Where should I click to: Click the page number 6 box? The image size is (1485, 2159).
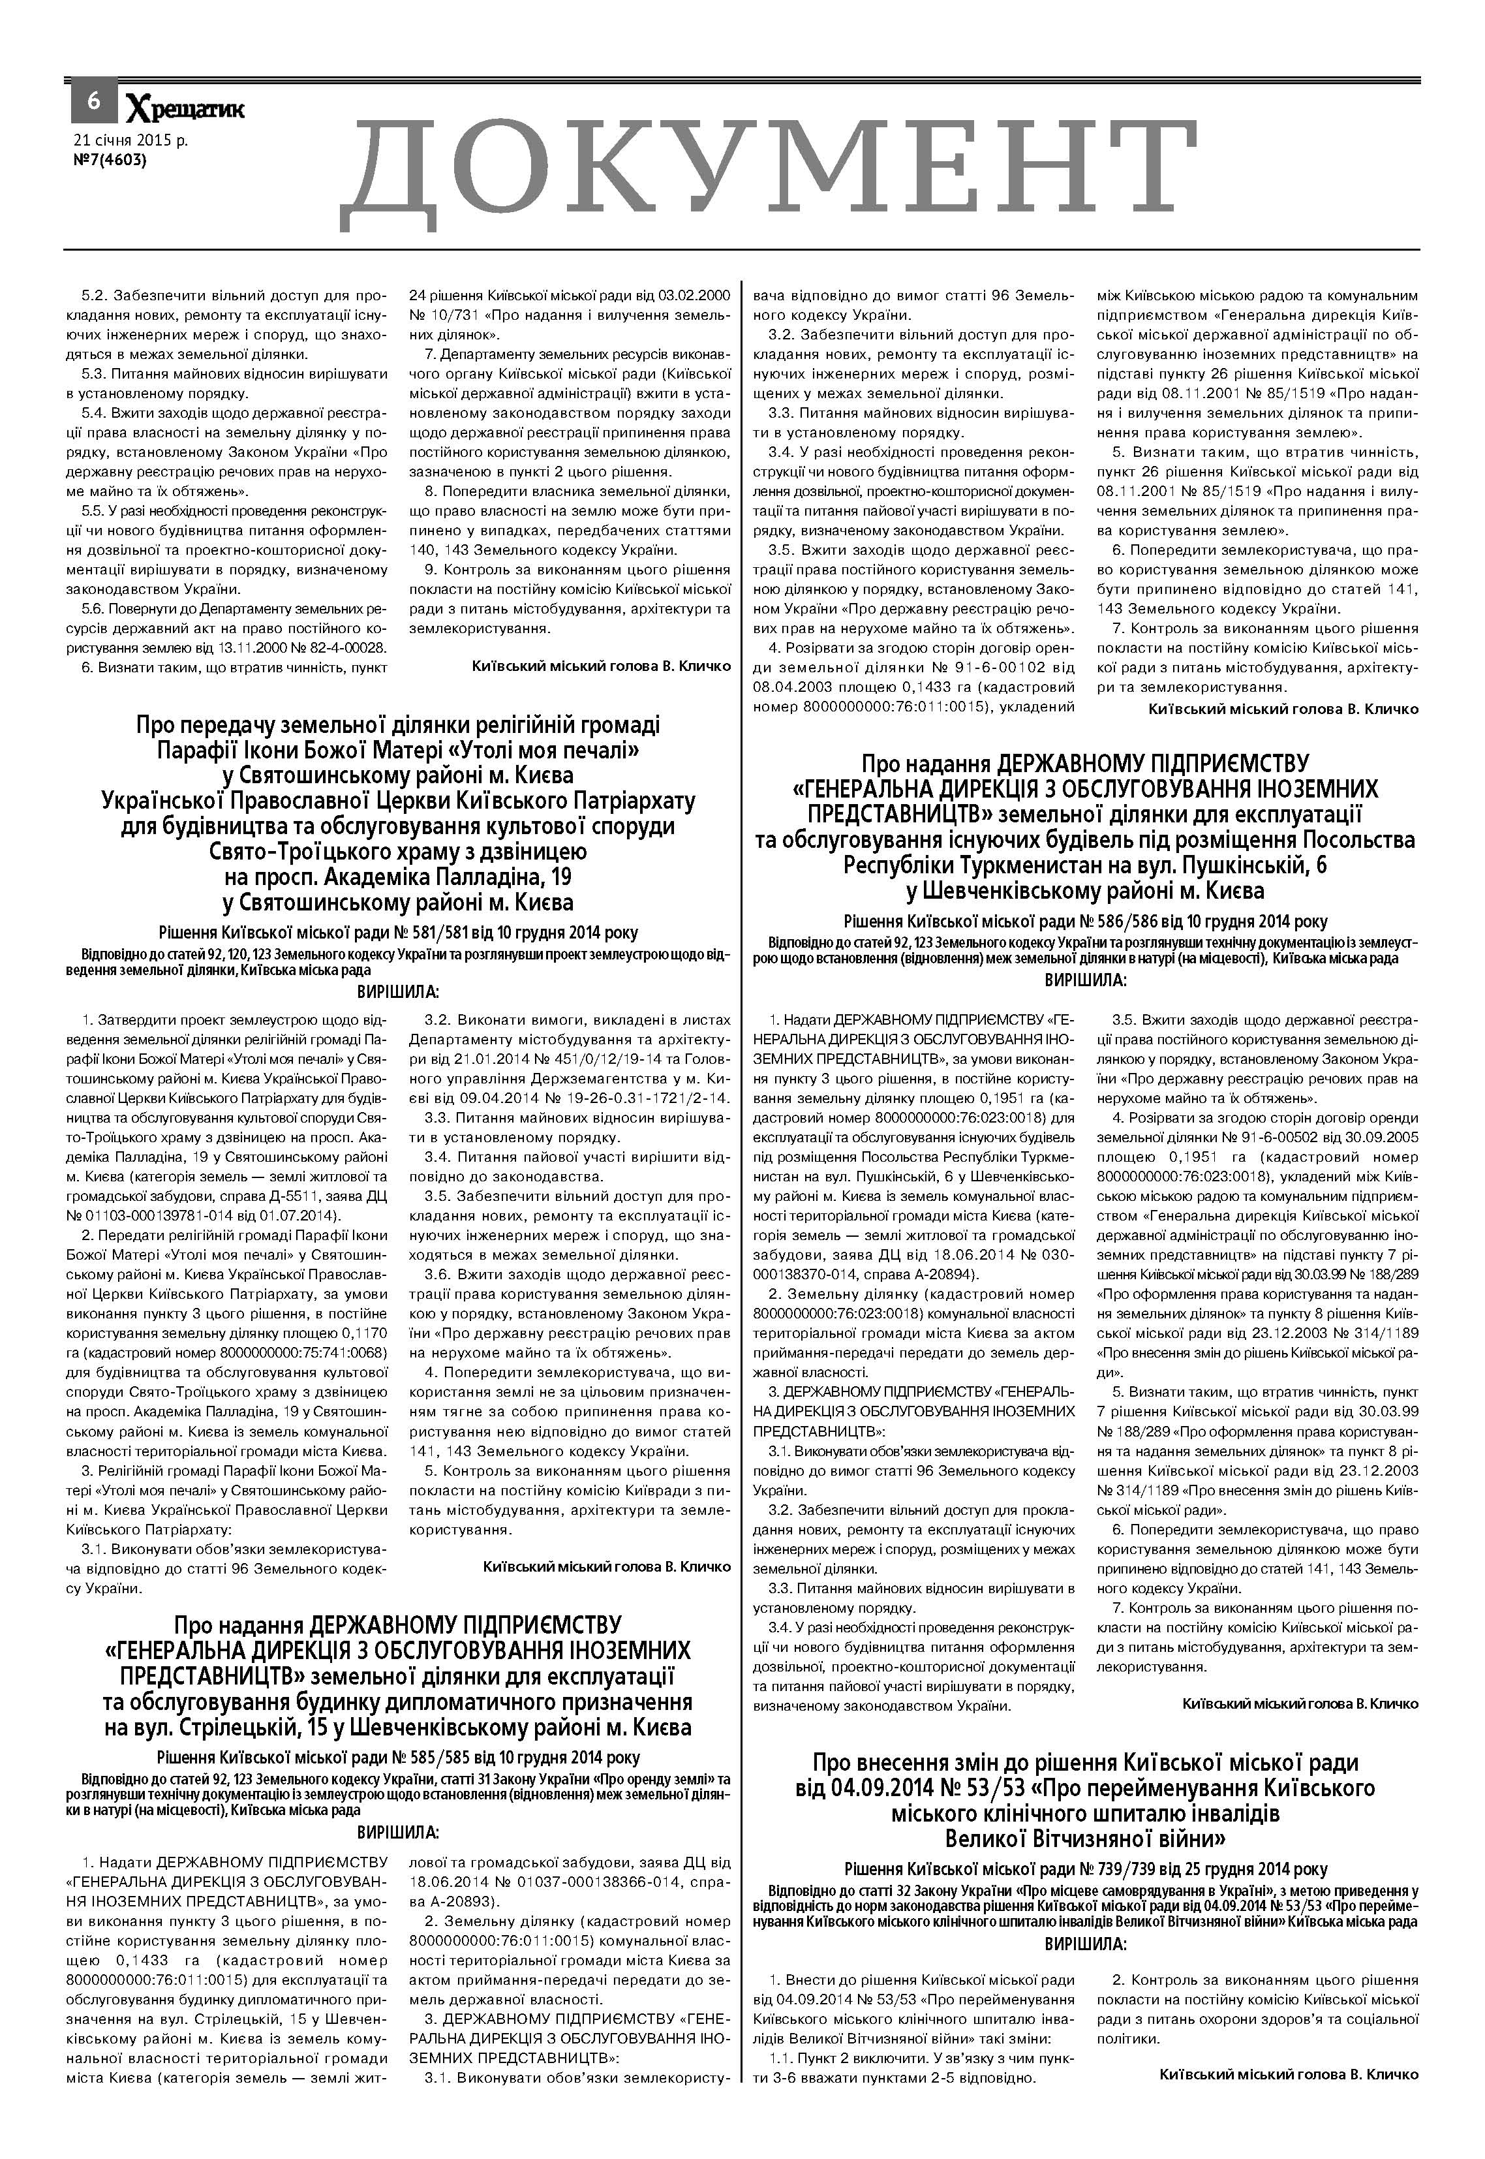click(93, 101)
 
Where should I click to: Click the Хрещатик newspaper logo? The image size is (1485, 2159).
click(185, 110)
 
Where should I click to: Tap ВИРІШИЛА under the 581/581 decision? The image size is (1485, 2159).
click(397, 992)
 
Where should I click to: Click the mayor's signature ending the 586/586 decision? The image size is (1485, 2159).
click(1300, 1704)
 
